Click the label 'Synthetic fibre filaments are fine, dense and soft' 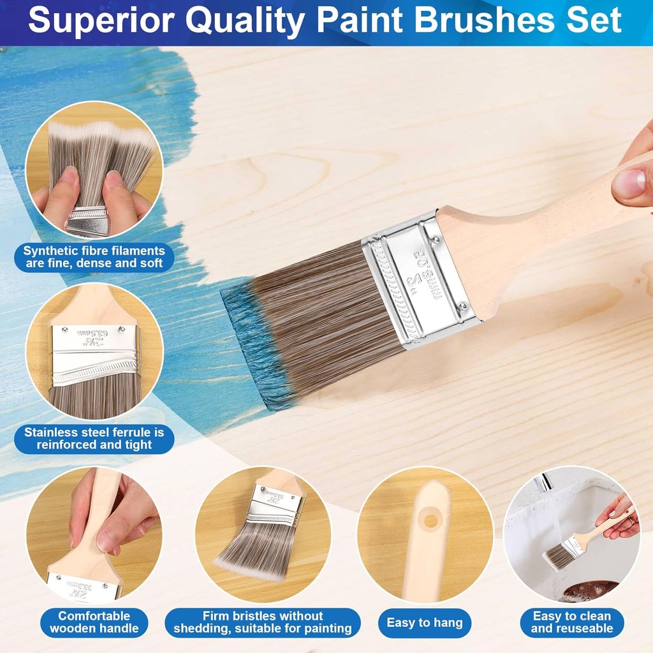click(94, 256)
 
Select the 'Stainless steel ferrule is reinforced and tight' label click(94, 438)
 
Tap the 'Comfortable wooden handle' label click(94, 622)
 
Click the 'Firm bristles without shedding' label click(263, 622)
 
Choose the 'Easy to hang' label click(425, 622)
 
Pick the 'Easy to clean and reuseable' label click(571, 622)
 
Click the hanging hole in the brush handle click(432, 520)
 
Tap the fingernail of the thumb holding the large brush click(629, 183)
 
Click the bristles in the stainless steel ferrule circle click(96, 399)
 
